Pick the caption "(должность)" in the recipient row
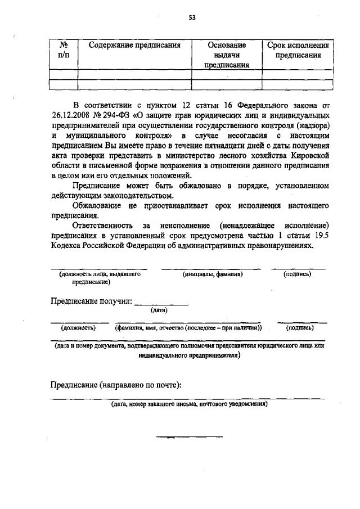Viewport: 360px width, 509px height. [79, 327]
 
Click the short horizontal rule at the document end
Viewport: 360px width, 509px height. [189, 436]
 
